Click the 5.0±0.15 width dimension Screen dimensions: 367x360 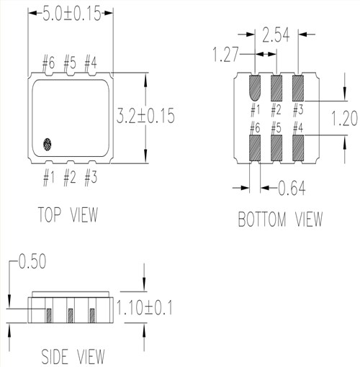[x=70, y=14]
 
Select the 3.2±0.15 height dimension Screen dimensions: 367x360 [x=146, y=115]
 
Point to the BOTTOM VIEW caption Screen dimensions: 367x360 [x=280, y=219]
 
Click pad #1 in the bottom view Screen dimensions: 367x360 [x=255, y=89]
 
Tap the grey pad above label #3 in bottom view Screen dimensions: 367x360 [x=297, y=89]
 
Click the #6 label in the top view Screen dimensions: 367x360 [x=48, y=64]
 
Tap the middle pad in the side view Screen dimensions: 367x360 [x=71, y=315]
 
